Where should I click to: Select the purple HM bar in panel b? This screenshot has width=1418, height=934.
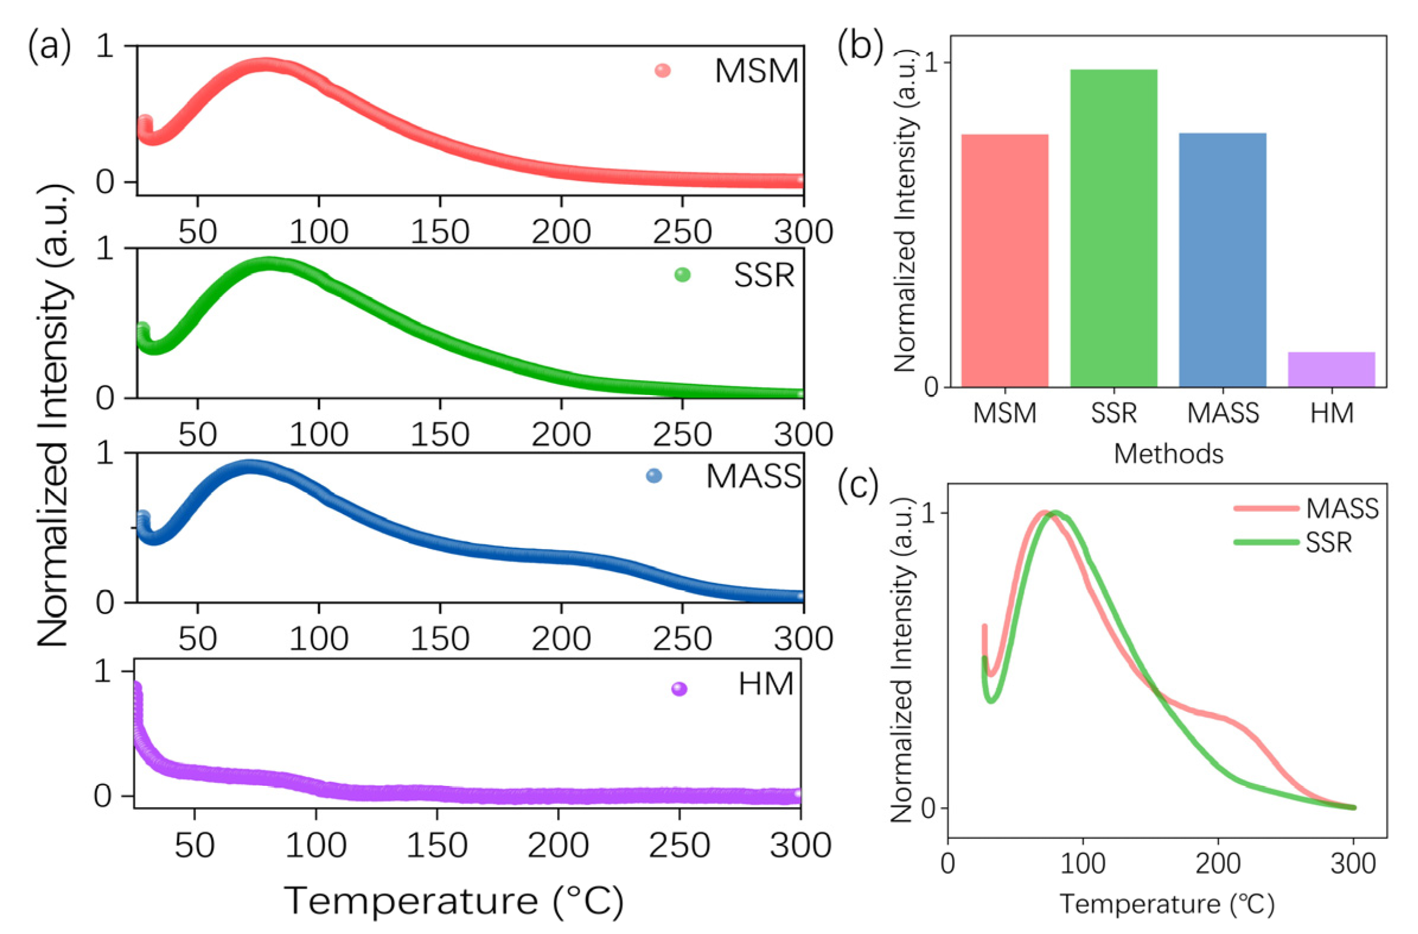[x=1331, y=370]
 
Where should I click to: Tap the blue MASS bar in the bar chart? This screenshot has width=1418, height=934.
[x=1222, y=261]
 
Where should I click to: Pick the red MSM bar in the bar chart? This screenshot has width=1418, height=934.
[x=1005, y=261]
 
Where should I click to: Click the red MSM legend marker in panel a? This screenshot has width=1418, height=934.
[x=662, y=71]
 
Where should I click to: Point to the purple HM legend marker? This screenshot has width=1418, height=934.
[x=679, y=689]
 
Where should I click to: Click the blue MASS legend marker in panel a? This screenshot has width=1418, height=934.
[x=654, y=476]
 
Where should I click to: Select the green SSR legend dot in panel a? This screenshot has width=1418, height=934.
[x=682, y=275]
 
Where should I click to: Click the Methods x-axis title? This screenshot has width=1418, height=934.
[x=1168, y=454]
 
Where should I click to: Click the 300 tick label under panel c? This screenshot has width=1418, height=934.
[x=1353, y=863]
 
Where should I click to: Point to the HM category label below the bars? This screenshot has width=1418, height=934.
[x=1331, y=413]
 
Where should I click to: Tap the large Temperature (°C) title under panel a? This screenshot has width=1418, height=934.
[x=453, y=900]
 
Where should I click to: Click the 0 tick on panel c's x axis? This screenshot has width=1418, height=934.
[x=948, y=863]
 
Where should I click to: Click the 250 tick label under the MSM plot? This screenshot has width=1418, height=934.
[x=682, y=232]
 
